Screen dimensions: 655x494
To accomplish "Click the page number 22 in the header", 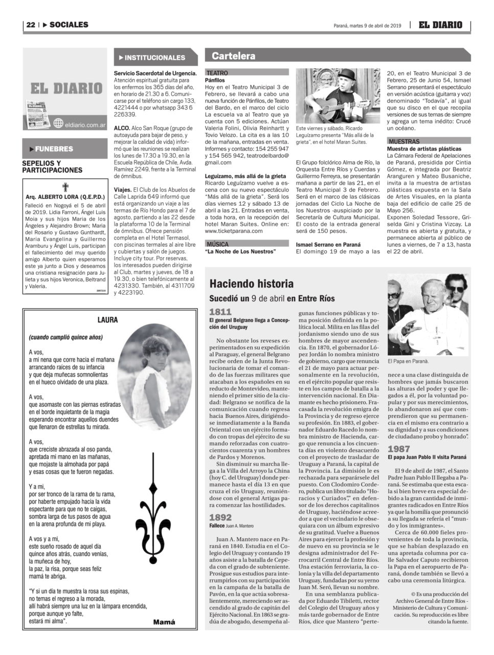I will (31, 25).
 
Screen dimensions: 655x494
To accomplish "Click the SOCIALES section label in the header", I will (69, 25).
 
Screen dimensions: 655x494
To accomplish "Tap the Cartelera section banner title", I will (233, 56).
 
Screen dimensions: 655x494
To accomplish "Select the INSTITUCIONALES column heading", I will (154, 58).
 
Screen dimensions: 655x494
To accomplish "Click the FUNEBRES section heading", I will (54, 149).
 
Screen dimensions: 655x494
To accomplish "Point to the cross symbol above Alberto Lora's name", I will (65, 187).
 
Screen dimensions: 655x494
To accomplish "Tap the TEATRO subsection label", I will (217, 73).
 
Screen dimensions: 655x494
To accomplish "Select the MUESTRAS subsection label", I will (403, 141).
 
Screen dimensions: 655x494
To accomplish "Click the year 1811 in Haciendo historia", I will (220, 311).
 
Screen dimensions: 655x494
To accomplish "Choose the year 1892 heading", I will (220, 518).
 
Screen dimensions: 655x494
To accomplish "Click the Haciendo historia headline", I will (252, 284).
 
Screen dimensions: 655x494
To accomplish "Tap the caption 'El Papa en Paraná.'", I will (408, 361).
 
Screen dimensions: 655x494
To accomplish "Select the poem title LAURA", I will (107, 320).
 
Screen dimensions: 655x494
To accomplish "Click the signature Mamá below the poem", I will (164, 622).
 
